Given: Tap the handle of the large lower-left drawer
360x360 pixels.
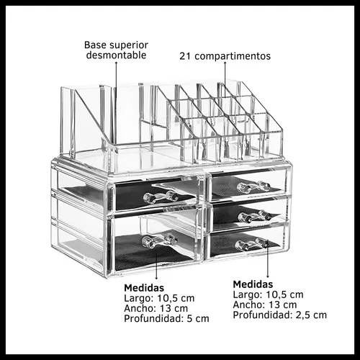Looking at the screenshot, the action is (160, 241).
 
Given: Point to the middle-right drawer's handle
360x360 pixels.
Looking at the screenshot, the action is (255, 217).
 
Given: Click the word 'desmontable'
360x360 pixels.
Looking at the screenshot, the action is (116, 55).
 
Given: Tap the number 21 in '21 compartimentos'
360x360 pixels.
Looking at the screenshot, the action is (185, 56).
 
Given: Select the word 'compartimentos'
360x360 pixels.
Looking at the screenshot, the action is (233, 56).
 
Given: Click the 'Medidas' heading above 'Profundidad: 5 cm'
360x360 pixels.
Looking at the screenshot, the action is (144, 288).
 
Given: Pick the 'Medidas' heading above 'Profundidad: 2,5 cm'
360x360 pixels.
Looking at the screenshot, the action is (253, 284).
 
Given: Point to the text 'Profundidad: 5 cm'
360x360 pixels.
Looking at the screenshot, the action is (166, 318).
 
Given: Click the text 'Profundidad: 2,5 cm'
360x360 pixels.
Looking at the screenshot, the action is (280, 315).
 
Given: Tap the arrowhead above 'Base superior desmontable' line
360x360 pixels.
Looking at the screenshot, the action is (116, 63).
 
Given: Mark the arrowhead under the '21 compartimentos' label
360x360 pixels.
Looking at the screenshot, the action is (225, 63).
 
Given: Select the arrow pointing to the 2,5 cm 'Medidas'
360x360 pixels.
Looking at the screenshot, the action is (268, 262).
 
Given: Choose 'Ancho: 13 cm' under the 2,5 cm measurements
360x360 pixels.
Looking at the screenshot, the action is (265, 305).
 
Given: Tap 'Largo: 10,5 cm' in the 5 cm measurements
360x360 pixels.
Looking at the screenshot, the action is (159, 298).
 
